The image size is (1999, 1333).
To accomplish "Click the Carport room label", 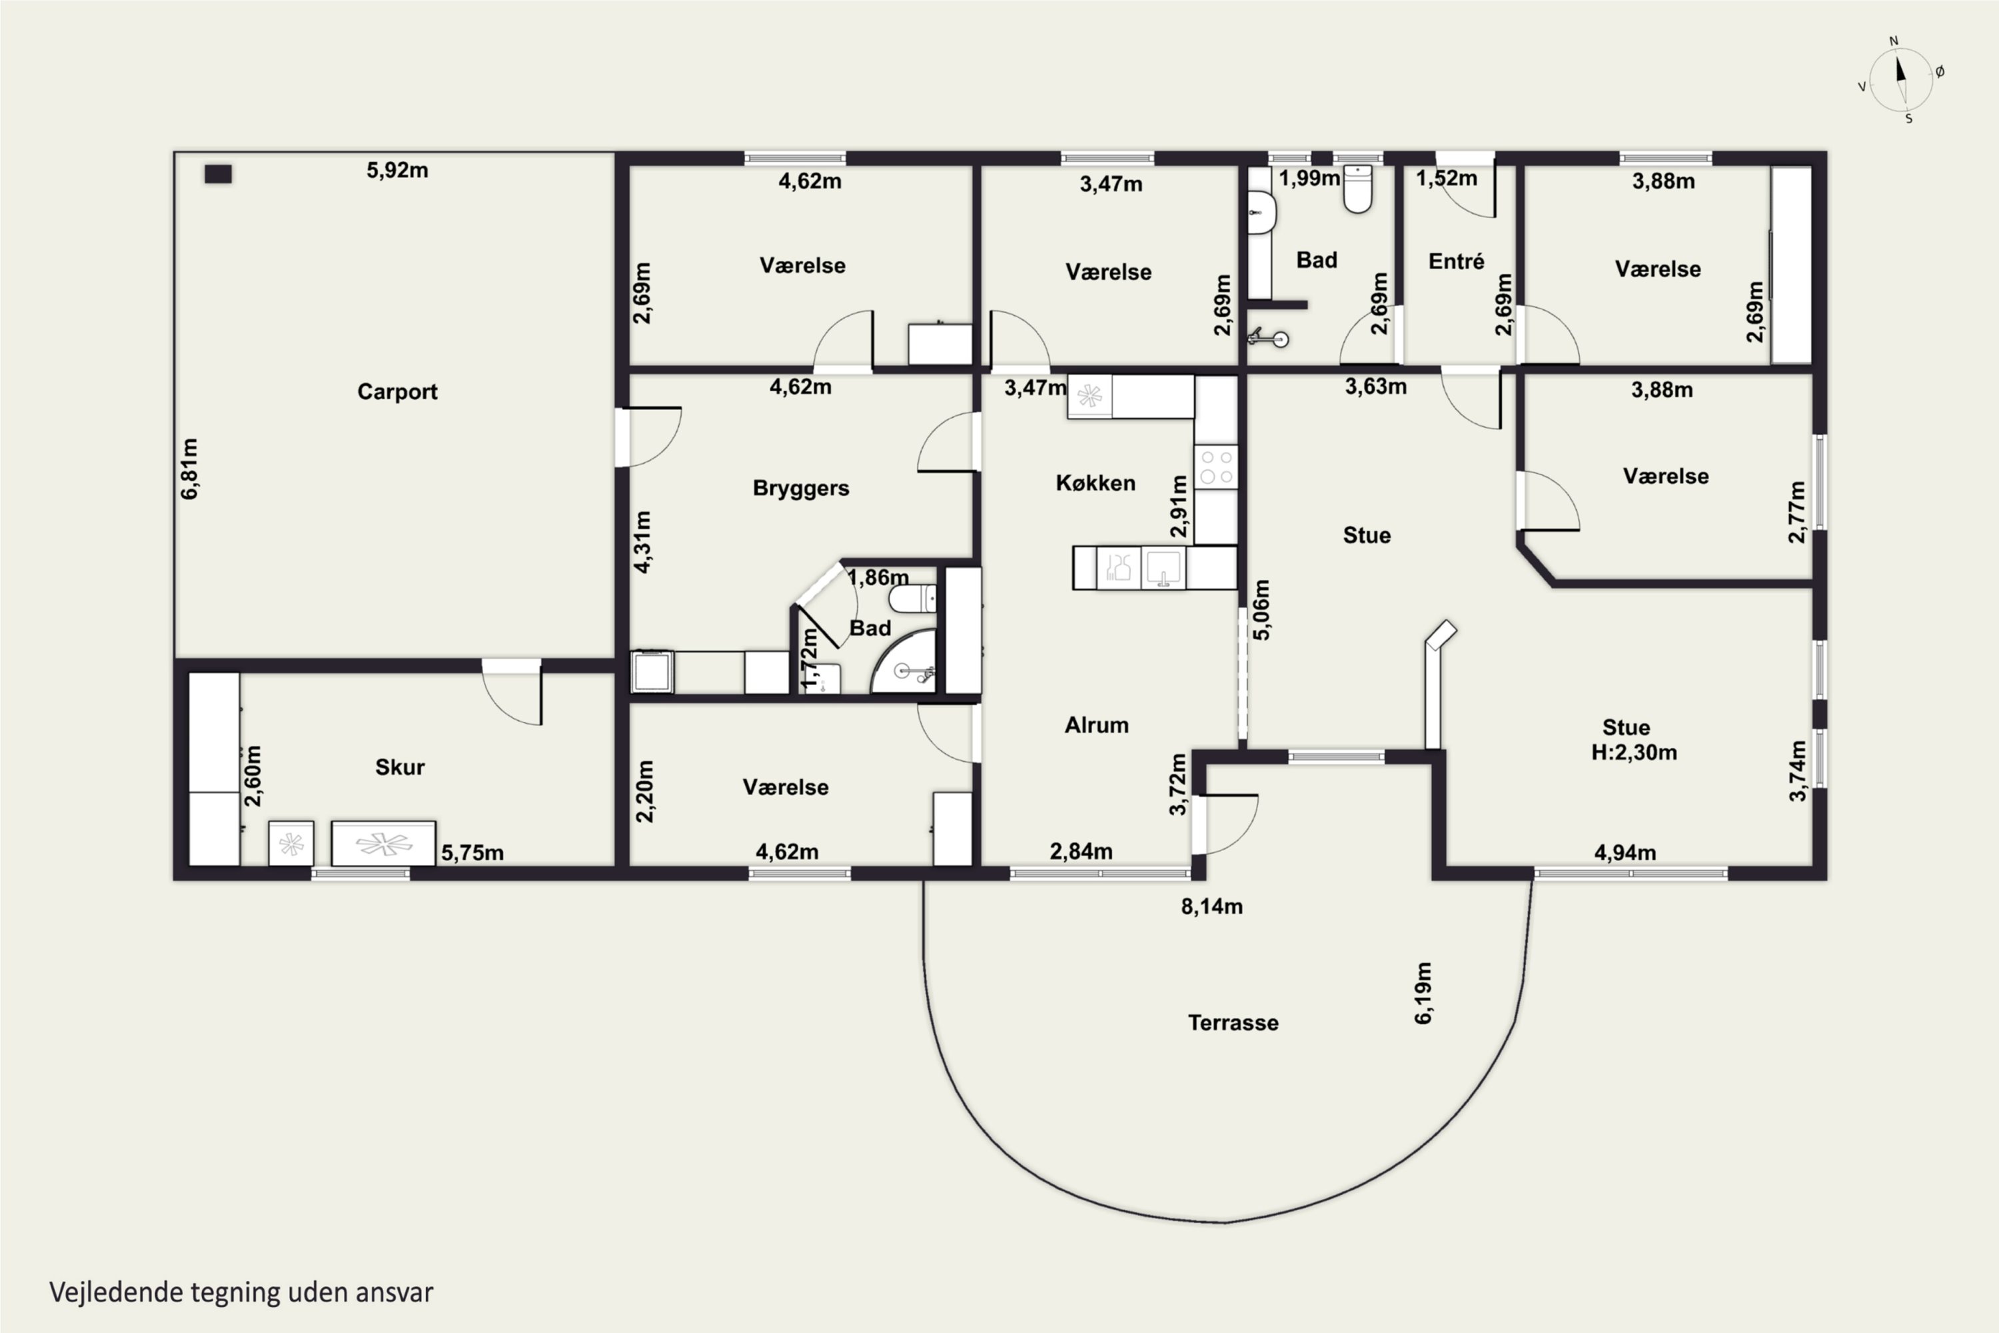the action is click(x=397, y=392).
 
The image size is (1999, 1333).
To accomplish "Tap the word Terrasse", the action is click(x=1232, y=1022).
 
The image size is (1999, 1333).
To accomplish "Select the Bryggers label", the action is click(x=801, y=489).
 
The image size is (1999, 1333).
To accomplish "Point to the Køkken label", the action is click(x=1095, y=483).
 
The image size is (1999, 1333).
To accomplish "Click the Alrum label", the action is click(x=1096, y=725).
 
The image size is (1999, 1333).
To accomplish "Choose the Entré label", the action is click(x=1456, y=261).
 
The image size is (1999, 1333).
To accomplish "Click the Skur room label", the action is click(x=399, y=767).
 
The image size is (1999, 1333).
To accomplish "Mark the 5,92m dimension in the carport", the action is click(x=397, y=170).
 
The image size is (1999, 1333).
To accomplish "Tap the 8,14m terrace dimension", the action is click(x=1212, y=906).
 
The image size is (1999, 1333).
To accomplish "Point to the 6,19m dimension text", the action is click(x=1423, y=993).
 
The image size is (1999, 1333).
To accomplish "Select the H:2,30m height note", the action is click(x=1634, y=752).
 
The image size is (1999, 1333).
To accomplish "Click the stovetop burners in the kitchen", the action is click(x=1216, y=467).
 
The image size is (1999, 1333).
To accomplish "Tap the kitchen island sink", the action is click(x=1163, y=568).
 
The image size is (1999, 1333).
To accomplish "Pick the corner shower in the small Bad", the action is click(x=904, y=661).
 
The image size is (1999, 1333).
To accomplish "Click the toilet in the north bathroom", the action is click(x=1357, y=189).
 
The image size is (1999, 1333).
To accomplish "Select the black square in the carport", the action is click(x=219, y=174).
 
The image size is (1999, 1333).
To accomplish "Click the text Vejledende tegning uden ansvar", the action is click(x=241, y=1292).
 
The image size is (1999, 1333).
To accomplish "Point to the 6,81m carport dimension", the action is click(x=189, y=469).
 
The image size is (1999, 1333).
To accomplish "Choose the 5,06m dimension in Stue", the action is click(x=1261, y=610).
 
